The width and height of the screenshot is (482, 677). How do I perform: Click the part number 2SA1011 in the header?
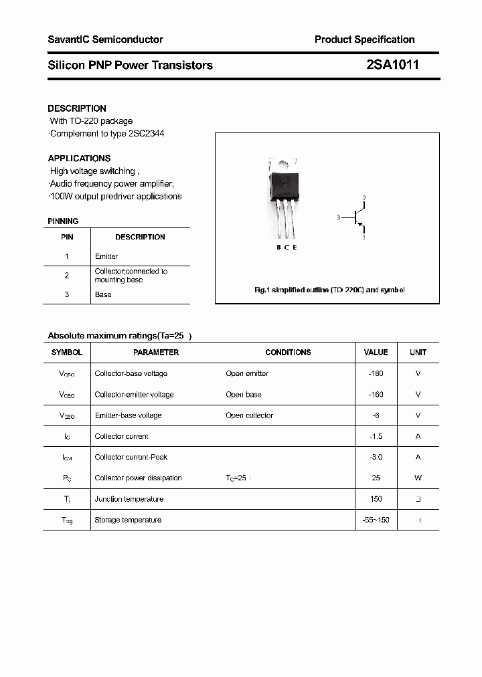392,65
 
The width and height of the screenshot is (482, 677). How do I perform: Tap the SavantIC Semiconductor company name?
105,39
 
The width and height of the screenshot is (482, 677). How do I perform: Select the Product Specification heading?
364,39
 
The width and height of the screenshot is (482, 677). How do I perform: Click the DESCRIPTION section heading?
77,108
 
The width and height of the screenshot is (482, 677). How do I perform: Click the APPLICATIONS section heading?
79,159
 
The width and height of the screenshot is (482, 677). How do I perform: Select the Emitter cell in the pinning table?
106,256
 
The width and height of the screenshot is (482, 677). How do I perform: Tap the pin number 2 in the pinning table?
67,276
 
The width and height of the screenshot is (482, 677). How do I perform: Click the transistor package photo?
284,197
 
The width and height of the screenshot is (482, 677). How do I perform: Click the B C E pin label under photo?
287,248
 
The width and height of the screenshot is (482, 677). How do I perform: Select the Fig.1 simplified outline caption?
329,290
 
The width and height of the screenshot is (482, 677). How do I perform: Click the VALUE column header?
376,352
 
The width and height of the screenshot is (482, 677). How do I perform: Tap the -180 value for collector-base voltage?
376,373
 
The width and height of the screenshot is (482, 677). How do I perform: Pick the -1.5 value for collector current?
376,436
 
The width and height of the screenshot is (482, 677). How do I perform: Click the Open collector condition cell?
250,415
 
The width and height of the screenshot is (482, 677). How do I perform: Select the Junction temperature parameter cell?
129,499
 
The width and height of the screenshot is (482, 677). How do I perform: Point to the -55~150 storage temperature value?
376,520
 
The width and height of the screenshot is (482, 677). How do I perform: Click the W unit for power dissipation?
418,478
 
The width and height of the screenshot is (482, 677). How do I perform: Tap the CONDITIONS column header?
288,352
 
